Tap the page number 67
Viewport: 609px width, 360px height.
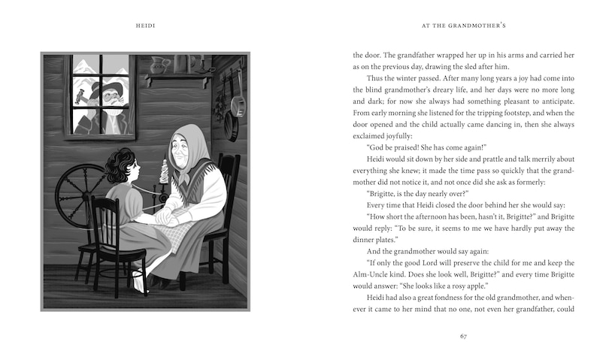[463, 334]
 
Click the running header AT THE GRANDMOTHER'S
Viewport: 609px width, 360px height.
[463, 28]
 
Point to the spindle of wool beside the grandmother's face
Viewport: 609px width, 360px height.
[159, 162]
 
